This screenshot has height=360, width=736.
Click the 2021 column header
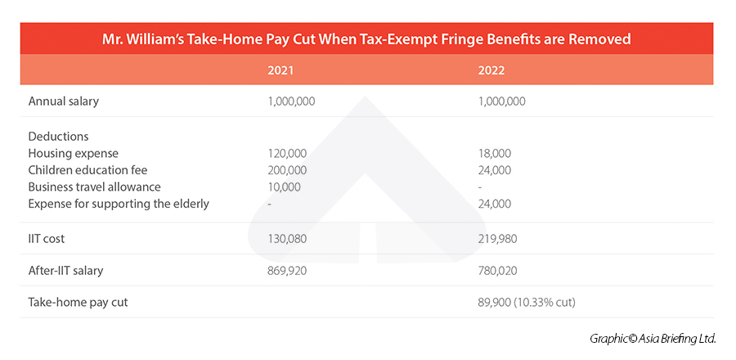click(280, 70)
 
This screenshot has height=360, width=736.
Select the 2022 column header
click(491, 70)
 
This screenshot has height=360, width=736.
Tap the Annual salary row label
click(63, 101)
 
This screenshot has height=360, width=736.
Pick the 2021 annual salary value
click(291, 101)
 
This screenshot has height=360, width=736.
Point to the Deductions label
click(58, 137)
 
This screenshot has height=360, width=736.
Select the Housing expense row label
click(73, 153)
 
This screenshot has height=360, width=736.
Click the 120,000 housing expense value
click(287, 153)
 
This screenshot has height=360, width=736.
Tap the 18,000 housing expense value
click(495, 153)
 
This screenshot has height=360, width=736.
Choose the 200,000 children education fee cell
click(287, 170)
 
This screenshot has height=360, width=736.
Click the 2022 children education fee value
click(495, 170)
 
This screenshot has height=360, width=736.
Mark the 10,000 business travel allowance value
click(284, 187)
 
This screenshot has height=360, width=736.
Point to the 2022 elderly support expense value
click(495, 204)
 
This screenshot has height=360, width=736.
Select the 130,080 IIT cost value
click(287, 238)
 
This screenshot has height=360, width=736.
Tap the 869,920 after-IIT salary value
click(287, 270)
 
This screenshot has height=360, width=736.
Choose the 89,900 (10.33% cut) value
click(527, 302)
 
